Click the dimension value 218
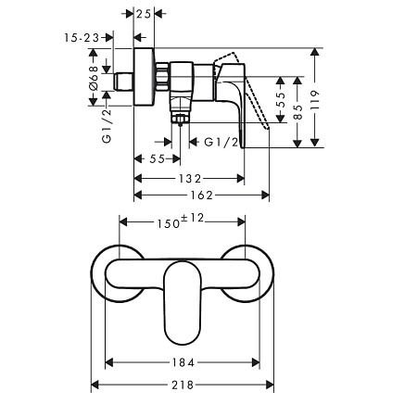[183, 385]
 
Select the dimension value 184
[183, 362]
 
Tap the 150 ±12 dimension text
[181, 221]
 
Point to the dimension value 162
[201, 196]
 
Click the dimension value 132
[190, 179]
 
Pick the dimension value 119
[315, 100]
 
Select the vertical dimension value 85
[297, 112]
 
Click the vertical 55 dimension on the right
[281, 99]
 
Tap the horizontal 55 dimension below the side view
[158, 159]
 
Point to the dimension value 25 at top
[144, 14]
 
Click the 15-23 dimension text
[82, 38]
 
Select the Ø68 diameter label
[94, 78]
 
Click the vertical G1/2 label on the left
[107, 126]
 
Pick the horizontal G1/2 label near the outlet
[221, 142]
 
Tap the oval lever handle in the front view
[183, 303]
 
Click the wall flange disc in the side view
[144, 77]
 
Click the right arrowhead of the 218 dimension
[270, 385]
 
